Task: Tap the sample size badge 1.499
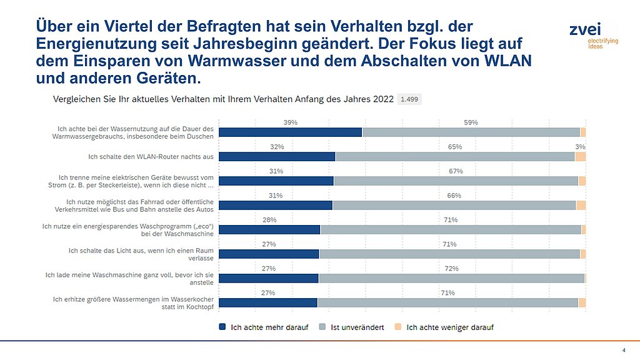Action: pos(410,99)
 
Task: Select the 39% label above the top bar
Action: pos(290,122)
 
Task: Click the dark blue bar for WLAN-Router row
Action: pos(277,156)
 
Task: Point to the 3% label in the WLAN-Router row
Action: pos(580,147)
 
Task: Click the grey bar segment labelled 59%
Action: pos(471,132)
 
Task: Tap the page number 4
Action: pos(623,350)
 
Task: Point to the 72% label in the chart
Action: pos(451,269)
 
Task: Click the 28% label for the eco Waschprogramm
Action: pos(269,220)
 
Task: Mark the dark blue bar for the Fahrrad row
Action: pos(276,205)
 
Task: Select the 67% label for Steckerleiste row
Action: pos(456,171)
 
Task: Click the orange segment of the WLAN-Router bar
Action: pos(580,156)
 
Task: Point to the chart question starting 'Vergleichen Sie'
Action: pos(223,99)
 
